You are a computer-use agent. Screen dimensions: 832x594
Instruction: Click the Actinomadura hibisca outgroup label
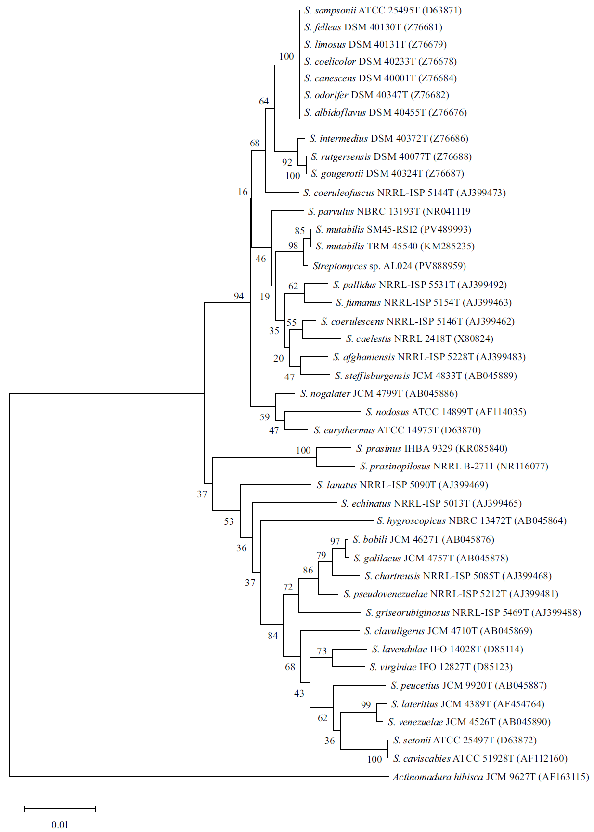pyautogui.click(x=490, y=777)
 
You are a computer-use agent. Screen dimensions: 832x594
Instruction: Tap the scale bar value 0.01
pyautogui.click(x=60, y=825)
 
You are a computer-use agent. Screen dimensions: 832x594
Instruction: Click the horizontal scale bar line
pyautogui.click(x=60, y=808)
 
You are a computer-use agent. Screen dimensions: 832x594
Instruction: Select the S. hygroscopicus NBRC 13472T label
pyautogui.click(x=471, y=520)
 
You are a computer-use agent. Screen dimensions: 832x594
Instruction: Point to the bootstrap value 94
pyautogui.click(x=239, y=296)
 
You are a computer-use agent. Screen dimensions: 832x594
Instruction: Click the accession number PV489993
pyautogui.click(x=446, y=229)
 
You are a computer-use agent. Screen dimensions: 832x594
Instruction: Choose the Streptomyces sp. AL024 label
pyautogui.click(x=389, y=266)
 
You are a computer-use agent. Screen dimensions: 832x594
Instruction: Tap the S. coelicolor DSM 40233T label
pyautogui.click(x=380, y=61)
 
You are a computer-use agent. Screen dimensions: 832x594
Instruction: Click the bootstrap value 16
pyautogui.click(x=243, y=192)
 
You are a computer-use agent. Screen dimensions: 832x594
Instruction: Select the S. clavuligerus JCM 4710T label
pyautogui.click(x=448, y=631)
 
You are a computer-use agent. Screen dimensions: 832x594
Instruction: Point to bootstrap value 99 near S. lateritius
pyautogui.click(x=366, y=704)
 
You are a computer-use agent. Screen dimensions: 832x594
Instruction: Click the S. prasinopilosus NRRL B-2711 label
pyautogui.click(x=453, y=466)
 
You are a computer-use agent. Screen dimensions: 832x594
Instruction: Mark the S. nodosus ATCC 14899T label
pyautogui.click(x=445, y=412)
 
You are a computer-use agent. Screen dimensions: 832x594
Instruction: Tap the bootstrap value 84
pyautogui.click(x=273, y=636)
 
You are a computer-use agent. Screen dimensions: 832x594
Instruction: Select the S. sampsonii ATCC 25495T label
pyautogui.click(x=383, y=10)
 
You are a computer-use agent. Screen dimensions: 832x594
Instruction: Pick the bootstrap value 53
pyautogui.click(x=229, y=521)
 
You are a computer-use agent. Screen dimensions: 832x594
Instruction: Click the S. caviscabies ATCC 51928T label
pyautogui.click(x=479, y=758)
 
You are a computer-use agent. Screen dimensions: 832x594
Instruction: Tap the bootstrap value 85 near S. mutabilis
pyautogui.click(x=300, y=231)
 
